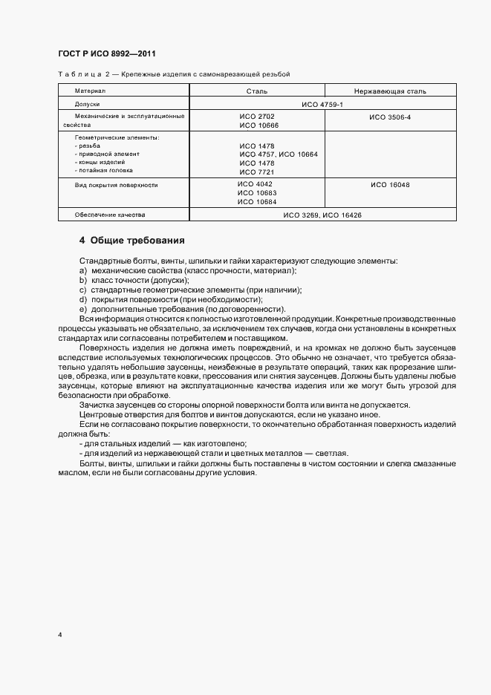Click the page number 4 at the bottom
(59, 636)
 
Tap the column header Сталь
(257, 91)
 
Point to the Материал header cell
(90, 91)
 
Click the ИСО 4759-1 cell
(322, 105)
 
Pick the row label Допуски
(87, 105)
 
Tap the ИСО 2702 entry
(257, 117)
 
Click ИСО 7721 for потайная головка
(257, 172)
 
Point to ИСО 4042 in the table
(256, 184)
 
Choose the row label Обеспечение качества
(110, 215)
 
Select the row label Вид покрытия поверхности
(116, 184)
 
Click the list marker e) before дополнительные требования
(82, 309)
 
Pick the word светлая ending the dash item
(331, 454)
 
